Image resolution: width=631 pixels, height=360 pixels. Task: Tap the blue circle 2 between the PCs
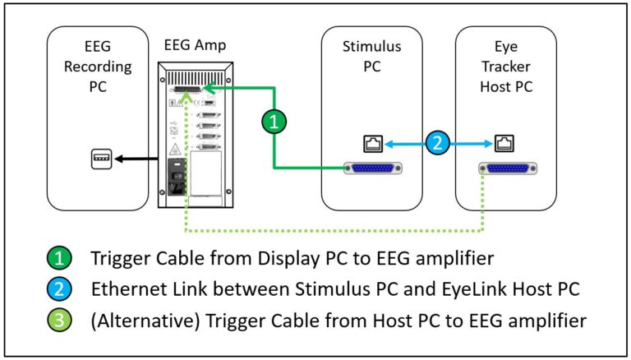pyautogui.click(x=438, y=143)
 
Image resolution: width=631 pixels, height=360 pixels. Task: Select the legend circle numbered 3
pyautogui.click(x=59, y=319)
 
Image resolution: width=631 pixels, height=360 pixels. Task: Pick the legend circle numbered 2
pyautogui.click(x=59, y=288)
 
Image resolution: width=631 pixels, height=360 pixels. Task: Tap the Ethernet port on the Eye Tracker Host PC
pyautogui.click(x=503, y=144)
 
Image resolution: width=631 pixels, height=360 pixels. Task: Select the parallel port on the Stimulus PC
pyautogui.click(x=374, y=169)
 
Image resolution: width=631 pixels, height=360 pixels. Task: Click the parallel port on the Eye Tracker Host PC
pyautogui.click(x=504, y=169)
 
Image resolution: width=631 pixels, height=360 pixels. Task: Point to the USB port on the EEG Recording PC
pyautogui.click(x=100, y=159)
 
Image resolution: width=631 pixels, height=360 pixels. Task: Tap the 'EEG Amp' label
pyautogui.click(x=196, y=44)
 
